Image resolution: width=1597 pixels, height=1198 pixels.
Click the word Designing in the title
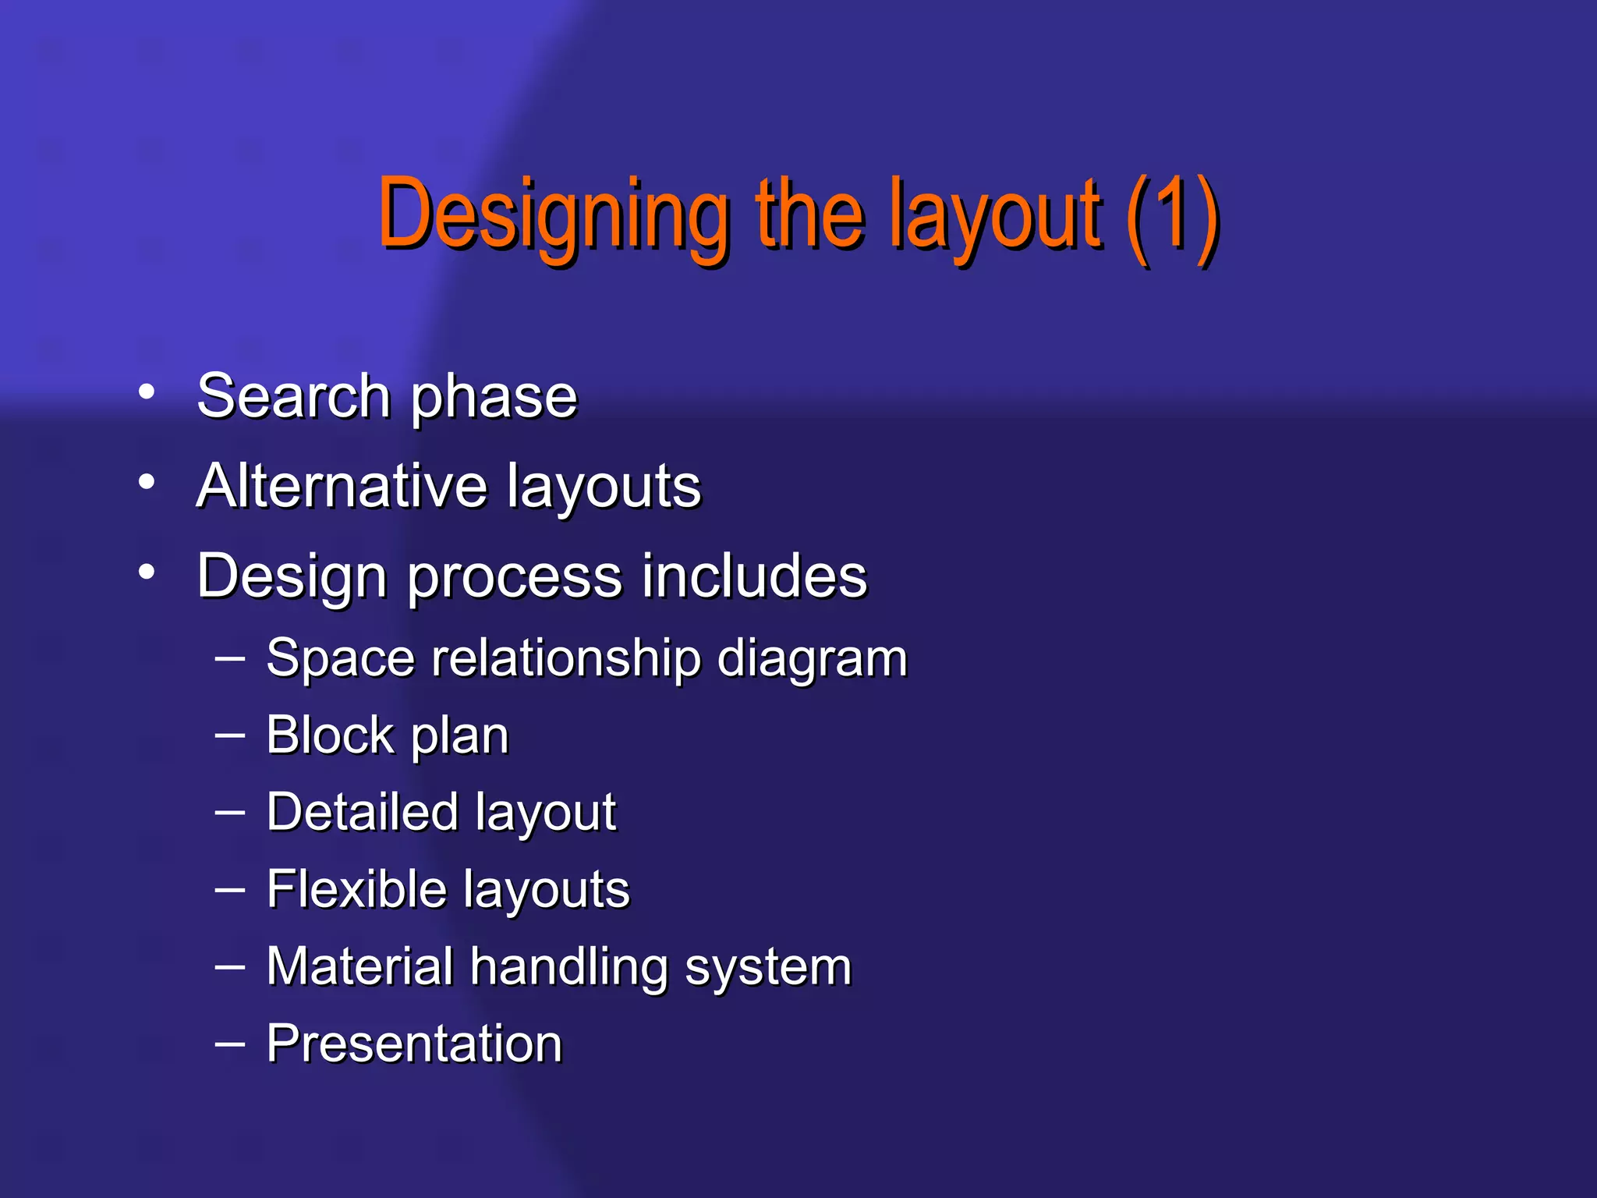[x=554, y=214]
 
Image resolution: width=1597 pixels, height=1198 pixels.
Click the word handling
[x=568, y=967]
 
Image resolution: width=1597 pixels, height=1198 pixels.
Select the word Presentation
[x=414, y=1044]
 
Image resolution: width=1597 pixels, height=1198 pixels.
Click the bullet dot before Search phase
[x=147, y=392]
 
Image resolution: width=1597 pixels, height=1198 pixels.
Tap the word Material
[x=359, y=966]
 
